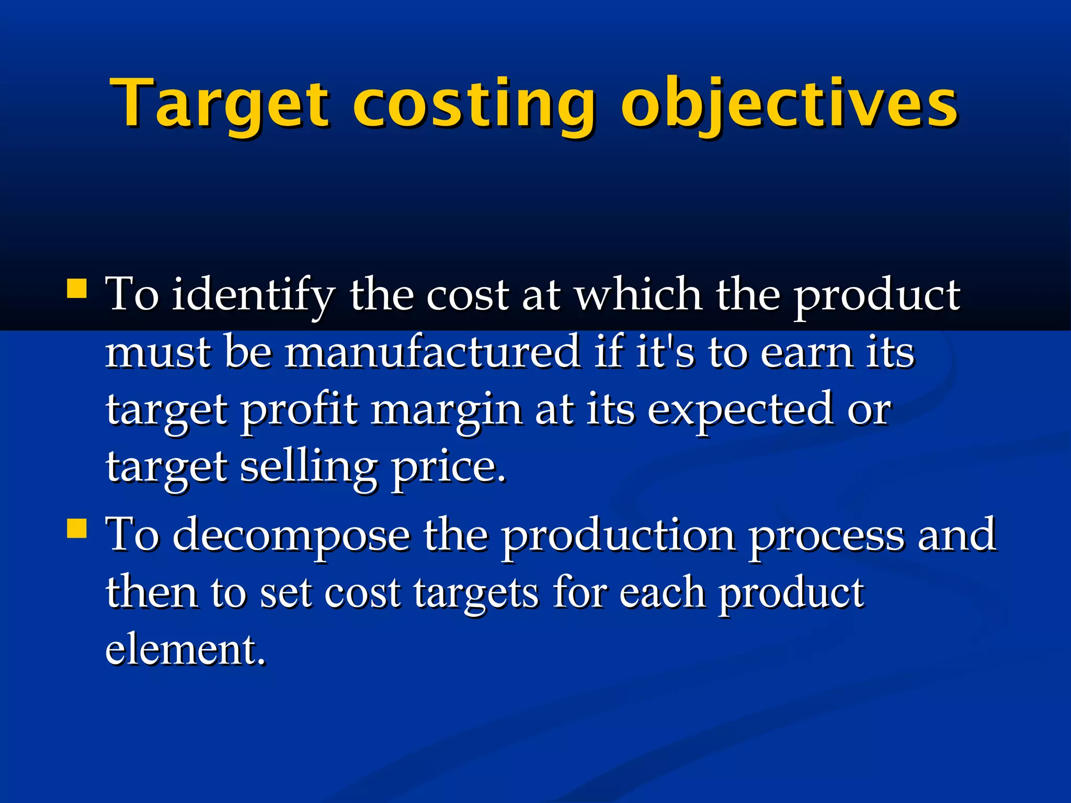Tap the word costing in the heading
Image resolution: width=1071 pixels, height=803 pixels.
pos(474,103)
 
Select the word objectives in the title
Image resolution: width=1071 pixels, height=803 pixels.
pos(789,103)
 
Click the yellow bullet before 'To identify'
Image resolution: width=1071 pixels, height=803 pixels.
pos(77,288)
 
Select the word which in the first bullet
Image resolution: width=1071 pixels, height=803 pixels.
pos(639,294)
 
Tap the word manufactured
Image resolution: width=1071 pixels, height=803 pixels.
pos(432,352)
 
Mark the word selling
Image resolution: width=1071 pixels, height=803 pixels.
pos(309,467)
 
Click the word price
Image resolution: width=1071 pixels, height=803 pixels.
pos(449,467)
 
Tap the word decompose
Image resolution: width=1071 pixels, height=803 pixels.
pos(291,536)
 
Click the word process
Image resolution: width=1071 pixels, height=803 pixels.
pos(826,536)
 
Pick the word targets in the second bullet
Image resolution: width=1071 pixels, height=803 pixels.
pos(476,593)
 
